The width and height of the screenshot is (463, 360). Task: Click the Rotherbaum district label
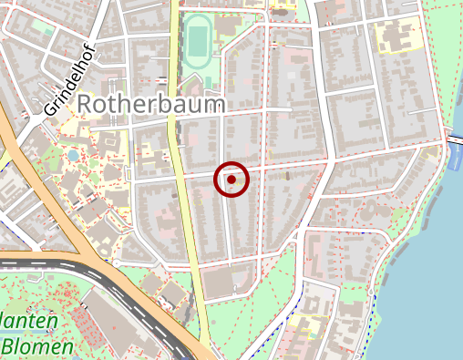click(151, 105)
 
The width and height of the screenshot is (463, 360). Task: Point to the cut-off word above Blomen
click(30, 321)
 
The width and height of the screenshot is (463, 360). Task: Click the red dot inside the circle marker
click(231, 180)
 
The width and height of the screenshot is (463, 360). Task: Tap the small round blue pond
click(73, 156)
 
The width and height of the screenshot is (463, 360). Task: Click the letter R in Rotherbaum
click(85, 105)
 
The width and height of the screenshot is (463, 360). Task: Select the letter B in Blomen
click(10, 346)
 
